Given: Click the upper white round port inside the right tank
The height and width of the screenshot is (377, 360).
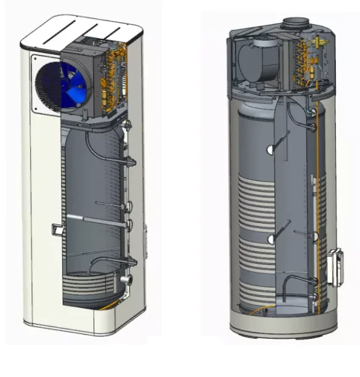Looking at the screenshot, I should coord(270,150).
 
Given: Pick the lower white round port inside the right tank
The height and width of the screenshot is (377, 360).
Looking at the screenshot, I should coord(269,240).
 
